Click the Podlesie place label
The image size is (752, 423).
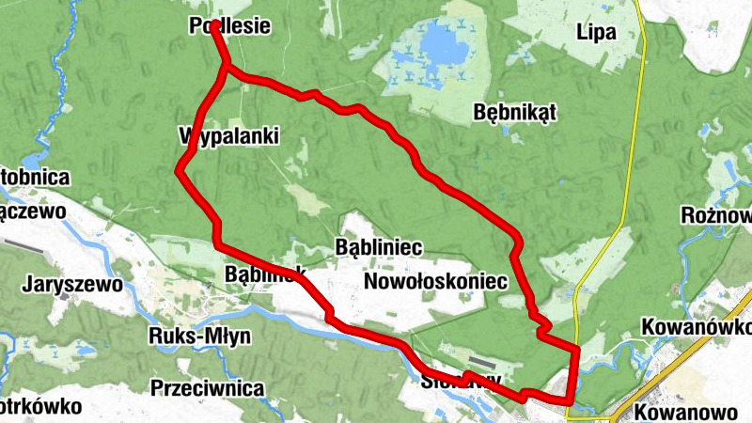[x=230, y=27]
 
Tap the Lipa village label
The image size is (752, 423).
[x=598, y=33]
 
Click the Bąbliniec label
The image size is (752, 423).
[x=379, y=247]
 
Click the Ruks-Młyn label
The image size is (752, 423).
[x=196, y=336]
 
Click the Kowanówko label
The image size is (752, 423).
[x=696, y=326]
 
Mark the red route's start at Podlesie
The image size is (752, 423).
[x=215, y=23]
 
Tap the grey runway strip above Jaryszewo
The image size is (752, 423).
[x=23, y=246]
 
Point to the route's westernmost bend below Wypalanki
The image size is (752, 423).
[x=180, y=170]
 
